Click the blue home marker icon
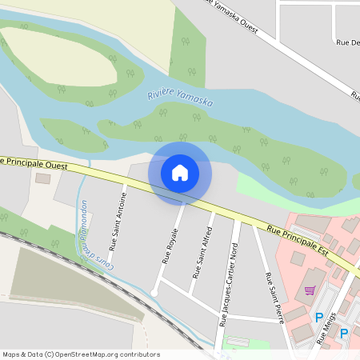pos(180,172)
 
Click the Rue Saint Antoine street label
pos(118,222)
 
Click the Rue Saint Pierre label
pos(274,292)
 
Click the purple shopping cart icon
pos(310,290)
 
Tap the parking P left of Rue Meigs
pos(319,318)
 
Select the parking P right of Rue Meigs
pos(345,333)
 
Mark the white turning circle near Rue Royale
pos(154,291)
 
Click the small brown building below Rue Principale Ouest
pos(42,178)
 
